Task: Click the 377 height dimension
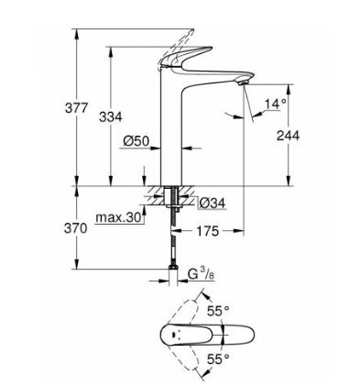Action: [x=76, y=108]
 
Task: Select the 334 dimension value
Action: [x=111, y=116]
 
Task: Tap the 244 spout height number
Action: [x=288, y=136]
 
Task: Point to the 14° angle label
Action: [x=276, y=104]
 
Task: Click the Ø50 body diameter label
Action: [x=136, y=141]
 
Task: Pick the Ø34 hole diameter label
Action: [x=213, y=203]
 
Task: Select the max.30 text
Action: [x=119, y=217]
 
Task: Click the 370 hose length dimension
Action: [x=75, y=228]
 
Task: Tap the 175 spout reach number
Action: [x=208, y=231]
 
